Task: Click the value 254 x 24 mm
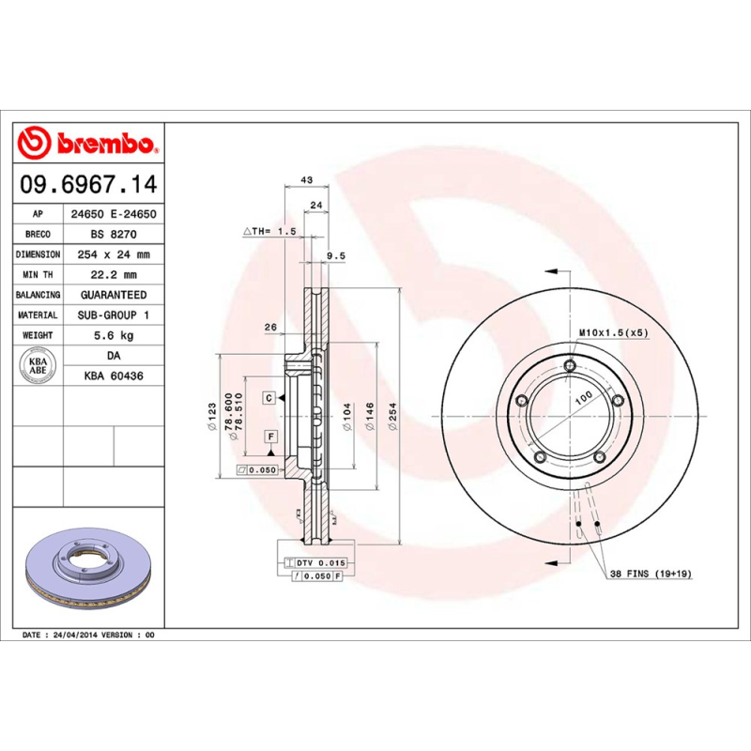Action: (112, 254)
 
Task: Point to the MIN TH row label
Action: (38, 275)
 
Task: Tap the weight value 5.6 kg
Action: (112, 335)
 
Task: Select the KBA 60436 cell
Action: (112, 375)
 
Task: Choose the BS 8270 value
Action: (112, 234)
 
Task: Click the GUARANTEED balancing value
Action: (112, 295)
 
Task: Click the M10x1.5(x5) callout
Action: (612, 332)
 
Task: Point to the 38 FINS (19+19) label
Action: (651, 573)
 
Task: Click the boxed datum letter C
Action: (268, 399)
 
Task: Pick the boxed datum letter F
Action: (269, 437)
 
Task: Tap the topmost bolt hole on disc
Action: (570, 367)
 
